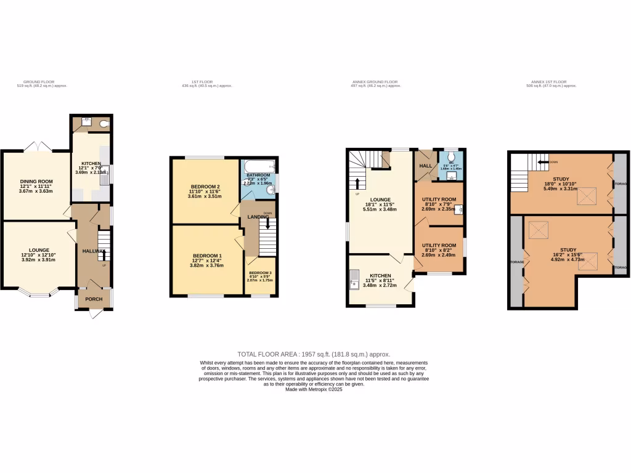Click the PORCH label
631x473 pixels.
pos(94,299)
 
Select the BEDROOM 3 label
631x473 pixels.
pos(260,273)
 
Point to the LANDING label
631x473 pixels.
pos(258,217)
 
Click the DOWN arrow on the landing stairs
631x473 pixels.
pos(267,225)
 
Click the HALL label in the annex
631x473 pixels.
pos(425,166)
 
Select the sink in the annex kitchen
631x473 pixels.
pos(354,279)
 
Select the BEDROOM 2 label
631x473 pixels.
pos(205,187)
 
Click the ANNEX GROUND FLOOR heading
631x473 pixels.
pos(375,82)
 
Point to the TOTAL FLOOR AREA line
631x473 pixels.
pos(314,354)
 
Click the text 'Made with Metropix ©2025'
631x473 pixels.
pos(314,389)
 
